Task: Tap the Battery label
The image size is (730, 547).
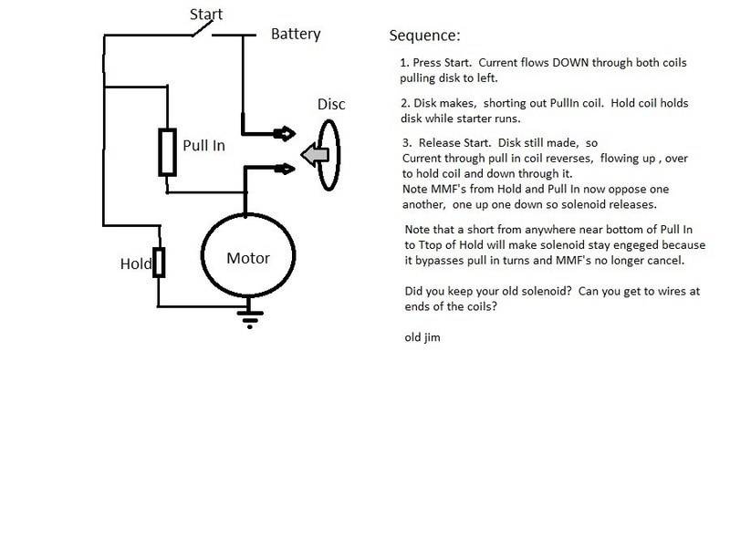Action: pos(296,35)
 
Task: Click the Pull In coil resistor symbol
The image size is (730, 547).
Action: pos(167,151)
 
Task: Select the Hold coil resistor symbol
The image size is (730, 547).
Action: pos(159,263)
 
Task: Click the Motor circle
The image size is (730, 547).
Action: pos(247,258)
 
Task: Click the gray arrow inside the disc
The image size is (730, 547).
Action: pos(314,156)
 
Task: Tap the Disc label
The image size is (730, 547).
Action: pos(331,104)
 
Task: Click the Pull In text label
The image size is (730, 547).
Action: pos(203,144)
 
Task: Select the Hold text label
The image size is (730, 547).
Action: pos(135,264)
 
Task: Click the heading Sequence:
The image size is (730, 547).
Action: pos(424,36)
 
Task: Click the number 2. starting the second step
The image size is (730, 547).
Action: pos(404,102)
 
